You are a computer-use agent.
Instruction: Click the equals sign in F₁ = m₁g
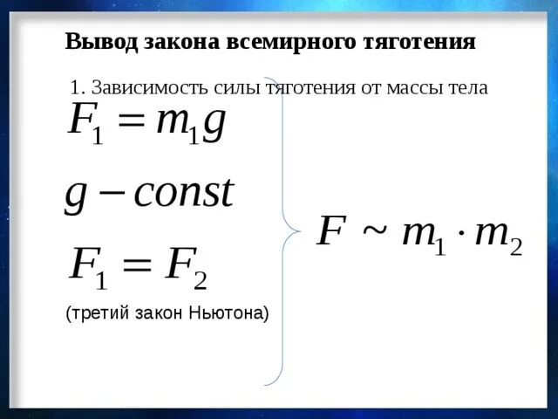(x=132, y=123)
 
